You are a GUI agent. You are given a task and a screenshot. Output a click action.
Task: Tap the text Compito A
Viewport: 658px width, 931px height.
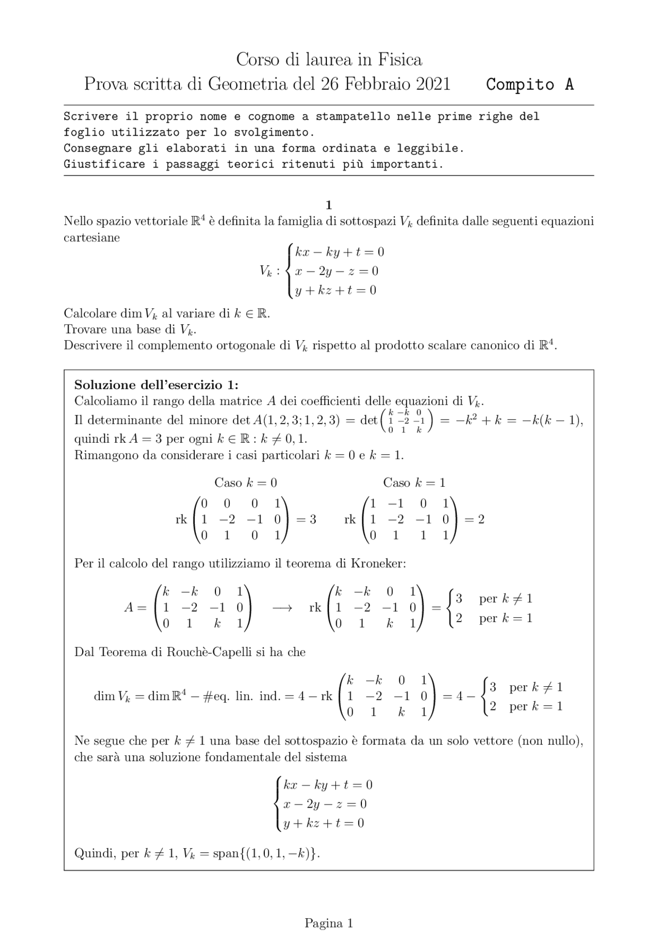(x=529, y=84)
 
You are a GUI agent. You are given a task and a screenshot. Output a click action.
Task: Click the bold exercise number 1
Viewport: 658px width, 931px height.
(x=328, y=206)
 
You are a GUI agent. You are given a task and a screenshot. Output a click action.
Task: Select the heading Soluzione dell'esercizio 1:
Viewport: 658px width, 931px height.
(x=156, y=385)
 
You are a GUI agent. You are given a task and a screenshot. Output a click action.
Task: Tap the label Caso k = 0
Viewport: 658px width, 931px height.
(x=245, y=483)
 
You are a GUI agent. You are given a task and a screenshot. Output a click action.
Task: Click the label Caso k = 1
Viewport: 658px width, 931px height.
(x=414, y=483)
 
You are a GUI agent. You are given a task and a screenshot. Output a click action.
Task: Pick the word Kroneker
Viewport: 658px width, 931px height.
(x=378, y=563)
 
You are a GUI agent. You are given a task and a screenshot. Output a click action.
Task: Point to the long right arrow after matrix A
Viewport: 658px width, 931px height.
(x=282, y=608)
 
